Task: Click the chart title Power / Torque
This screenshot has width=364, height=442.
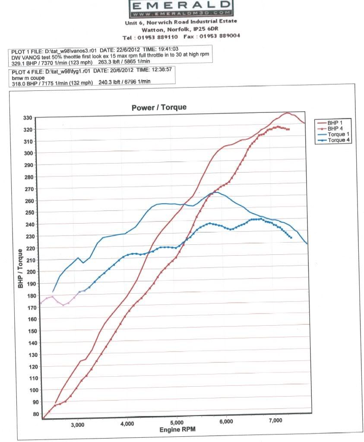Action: [x=159, y=107]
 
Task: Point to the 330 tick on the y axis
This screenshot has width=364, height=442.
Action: [x=28, y=118]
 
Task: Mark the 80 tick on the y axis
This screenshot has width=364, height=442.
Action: [x=29, y=414]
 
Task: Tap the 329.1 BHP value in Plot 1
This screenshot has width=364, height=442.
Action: [x=24, y=62]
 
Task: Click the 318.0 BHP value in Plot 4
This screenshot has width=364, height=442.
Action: [x=24, y=84]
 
